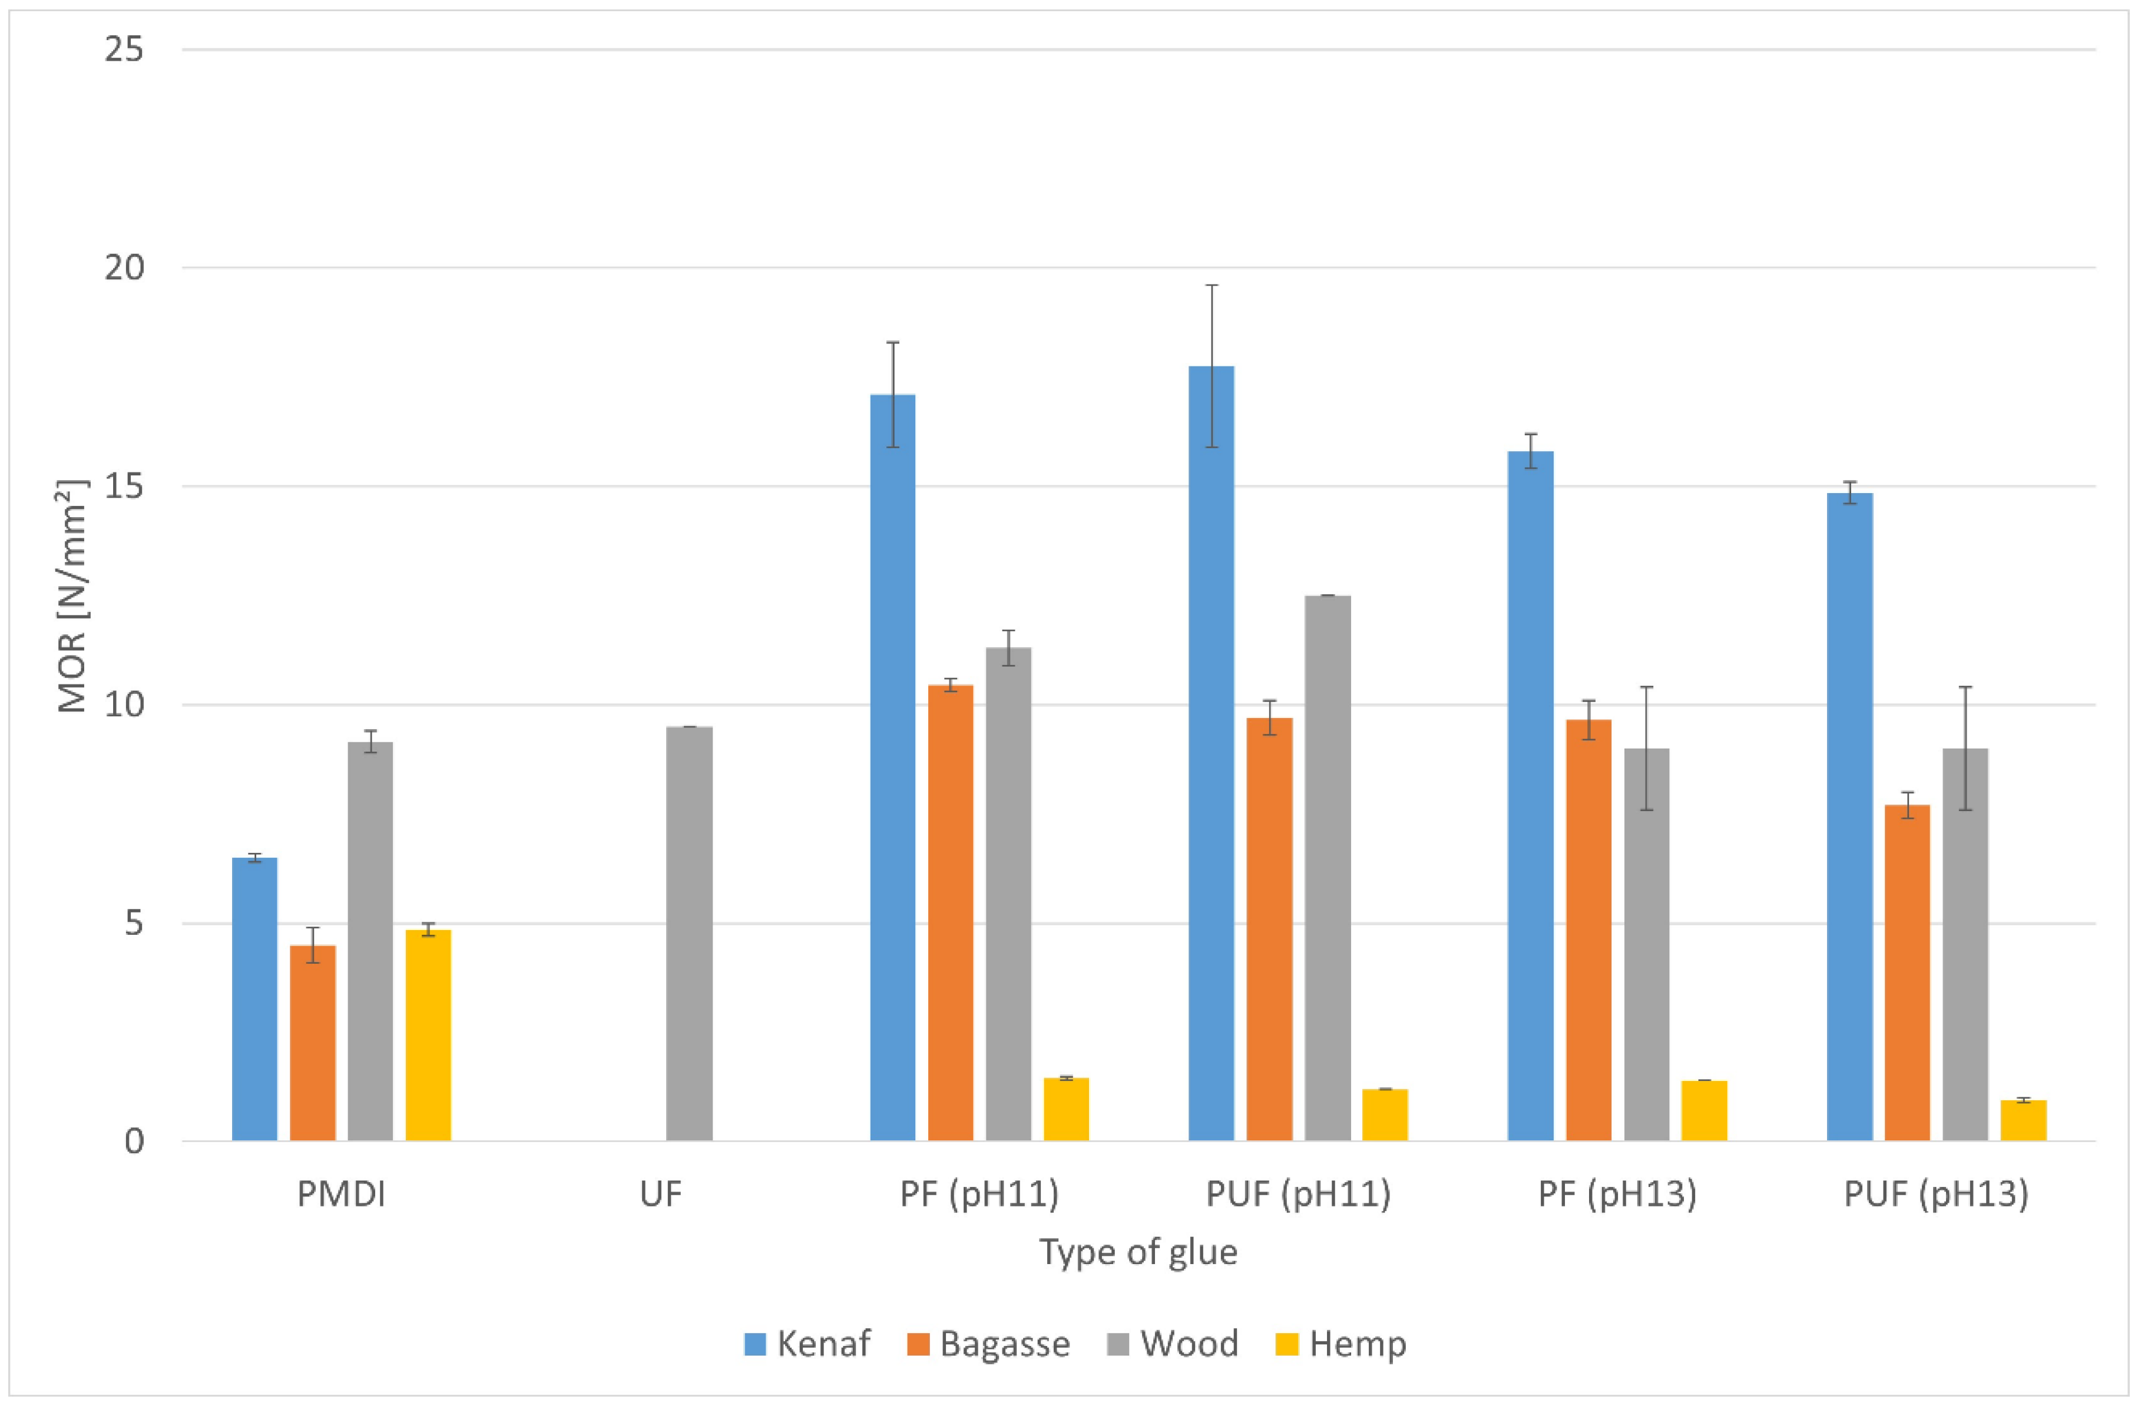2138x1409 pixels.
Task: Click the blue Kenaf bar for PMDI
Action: (x=254, y=999)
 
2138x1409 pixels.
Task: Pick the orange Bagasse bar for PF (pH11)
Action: (x=951, y=912)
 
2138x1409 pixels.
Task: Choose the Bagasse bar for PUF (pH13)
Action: (x=1907, y=973)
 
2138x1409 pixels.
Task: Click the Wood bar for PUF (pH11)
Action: (x=1328, y=868)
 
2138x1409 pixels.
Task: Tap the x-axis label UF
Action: (x=661, y=1194)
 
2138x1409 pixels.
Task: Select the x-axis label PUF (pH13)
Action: (x=1936, y=1194)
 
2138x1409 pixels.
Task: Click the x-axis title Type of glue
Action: (x=1138, y=1252)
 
